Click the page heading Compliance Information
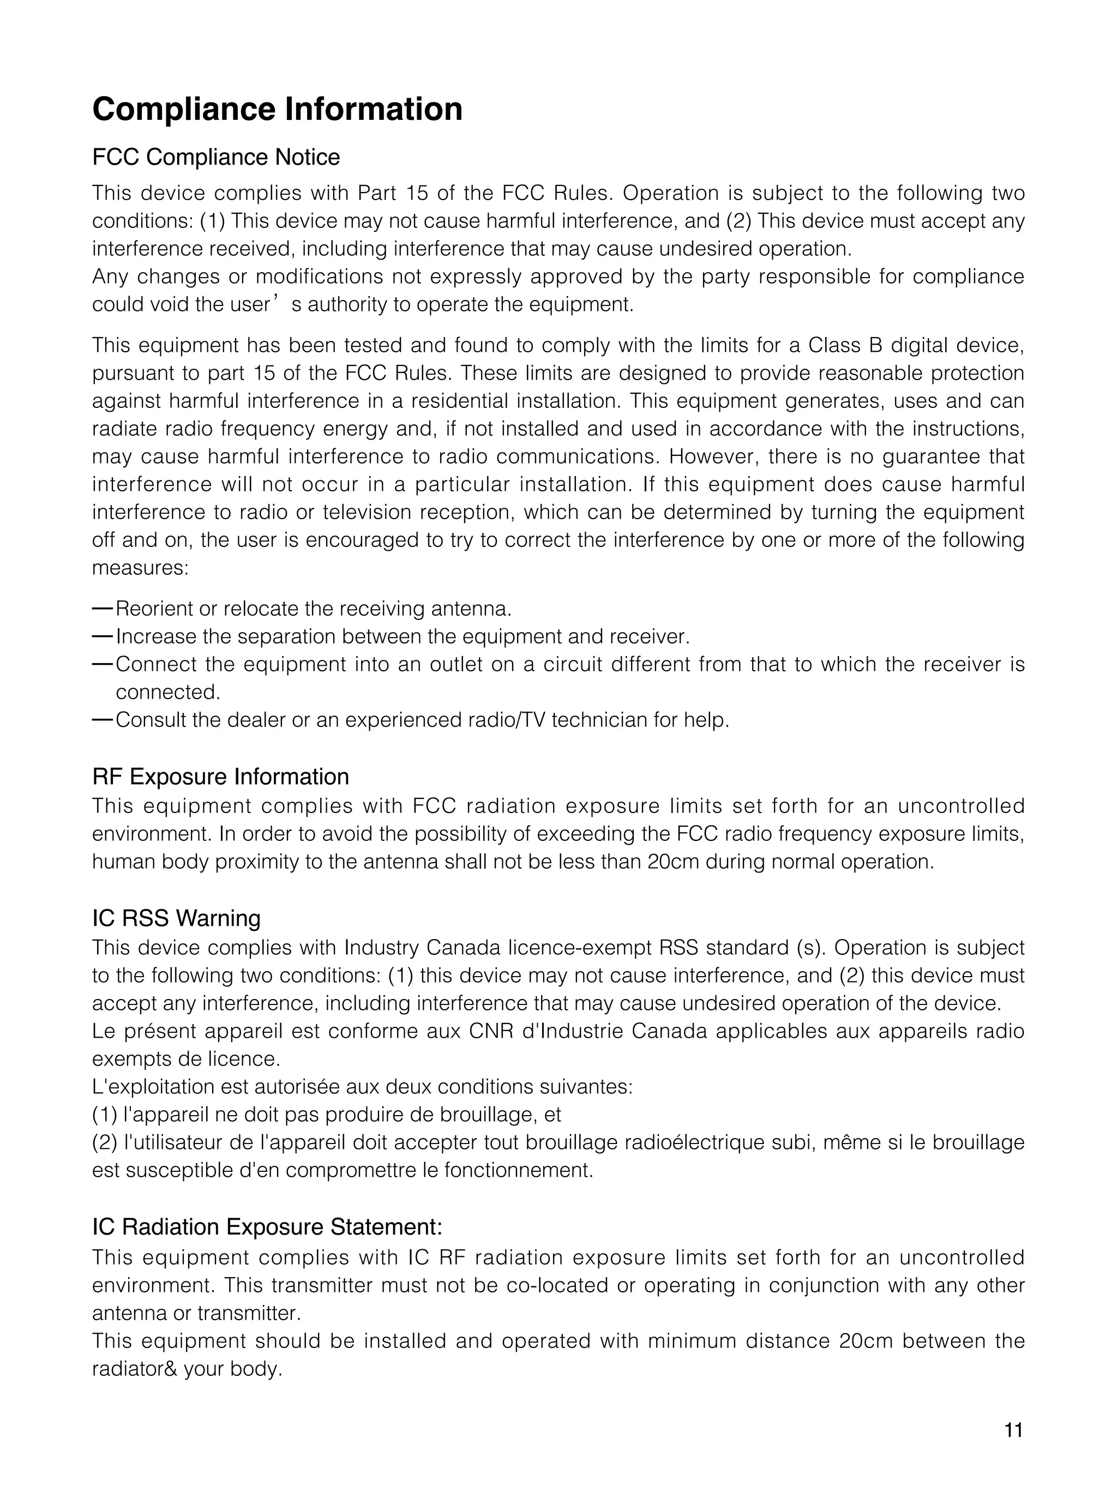click(x=277, y=110)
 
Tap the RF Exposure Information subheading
click(x=220, y=777)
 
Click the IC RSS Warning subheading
click(x=177, y=918)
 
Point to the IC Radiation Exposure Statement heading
click(x=267, y=1226)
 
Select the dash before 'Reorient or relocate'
click(x=102, y=609)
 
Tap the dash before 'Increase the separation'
click(x=102, y=636)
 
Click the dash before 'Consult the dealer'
click(x=102, y=719)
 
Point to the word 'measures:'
click(x=140, y=568)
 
